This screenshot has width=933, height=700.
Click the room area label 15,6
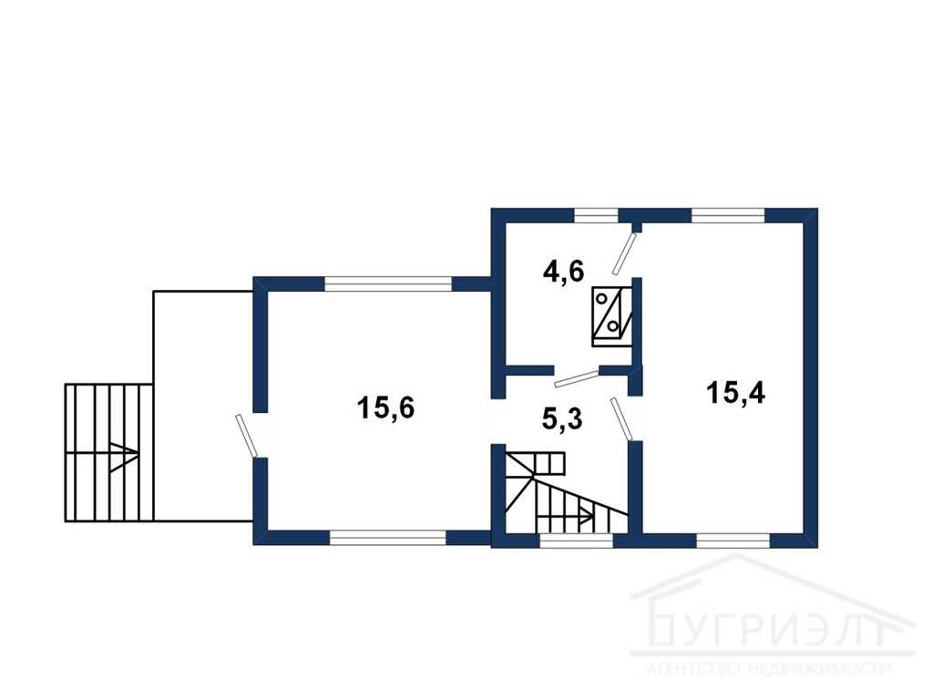(385, 409)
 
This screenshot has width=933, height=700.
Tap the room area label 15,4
(735, 393)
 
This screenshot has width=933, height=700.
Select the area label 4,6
(563, 272)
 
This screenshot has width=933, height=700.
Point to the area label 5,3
(561, 419)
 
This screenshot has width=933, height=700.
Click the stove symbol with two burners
(611, 316)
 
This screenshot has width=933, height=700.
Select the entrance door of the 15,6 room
(246, 436)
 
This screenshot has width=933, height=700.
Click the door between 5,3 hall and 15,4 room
(621, 419)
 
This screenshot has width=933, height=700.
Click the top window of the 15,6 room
(388, 283)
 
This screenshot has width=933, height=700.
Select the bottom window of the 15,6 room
(388, 538)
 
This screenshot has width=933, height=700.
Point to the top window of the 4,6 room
(596, 215)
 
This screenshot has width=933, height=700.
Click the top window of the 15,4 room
(727, 215)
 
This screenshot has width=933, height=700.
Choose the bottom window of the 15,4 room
(733, 540)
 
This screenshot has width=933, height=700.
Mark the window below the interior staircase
(576, 540)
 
